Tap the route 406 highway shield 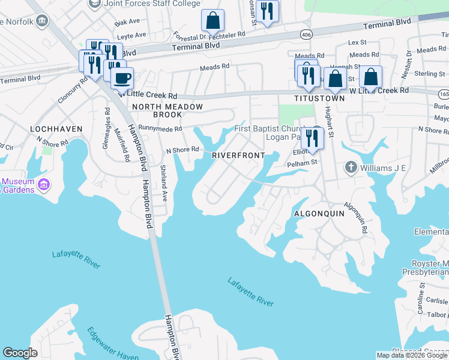pyautogui.click(x=306, y=34)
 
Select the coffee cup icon pyautogui.click(x=122, y=78)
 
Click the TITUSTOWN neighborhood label pyautogui.click(x=319, y=98)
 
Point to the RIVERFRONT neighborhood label pyautogui.click(x=238, y=155)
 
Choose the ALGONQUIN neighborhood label pyautogui.click(x=318, y=214)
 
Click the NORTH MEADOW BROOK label pyautogui.click(x=167, y=110)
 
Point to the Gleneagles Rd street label pyautogui.click(x=106, y=127)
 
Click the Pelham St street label pyautogui.click(x=301, y=163)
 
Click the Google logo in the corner pyautogui.click(x=20, y=353)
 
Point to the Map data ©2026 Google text pyautogui.click(x=412, y=355)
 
